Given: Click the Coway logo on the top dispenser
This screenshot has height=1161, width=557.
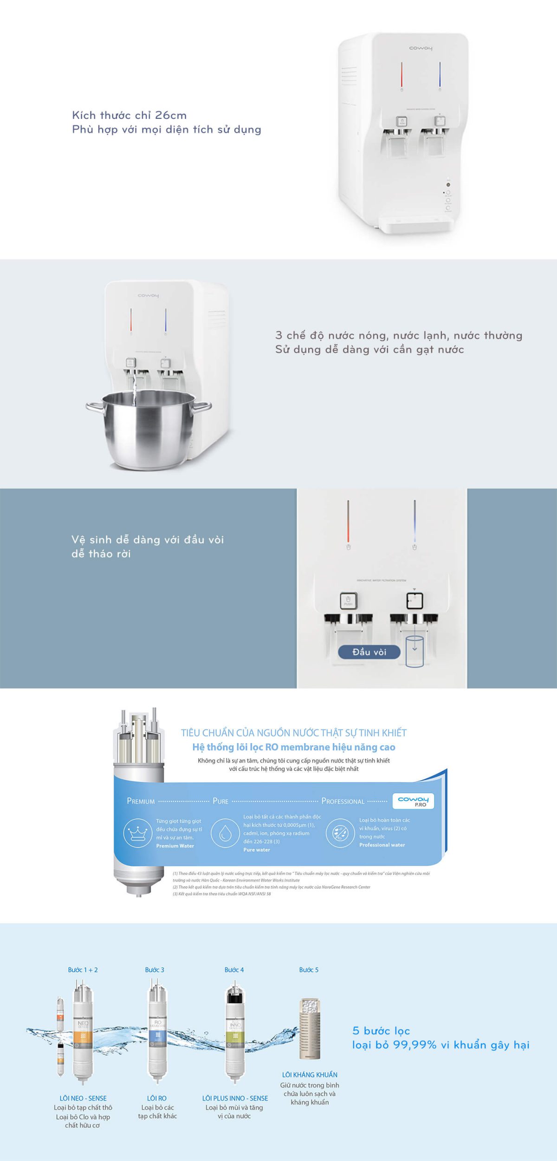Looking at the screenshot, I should (x=421, y=48).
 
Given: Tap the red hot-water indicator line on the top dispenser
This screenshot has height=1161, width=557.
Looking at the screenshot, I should (x=402, y=74).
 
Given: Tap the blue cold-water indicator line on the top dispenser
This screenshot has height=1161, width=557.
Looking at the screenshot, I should (x=440, y=74).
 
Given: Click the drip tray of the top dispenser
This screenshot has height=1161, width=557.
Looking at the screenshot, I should (x=415, y=223).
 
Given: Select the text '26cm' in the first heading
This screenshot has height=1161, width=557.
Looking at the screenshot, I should (x=170, y=115).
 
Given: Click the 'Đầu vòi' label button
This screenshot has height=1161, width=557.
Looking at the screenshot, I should (x=369, y=652).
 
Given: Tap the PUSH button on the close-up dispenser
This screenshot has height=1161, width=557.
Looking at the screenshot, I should (x=348, y=601).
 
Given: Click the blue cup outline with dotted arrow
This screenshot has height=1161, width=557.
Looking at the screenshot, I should (x=414, y=651).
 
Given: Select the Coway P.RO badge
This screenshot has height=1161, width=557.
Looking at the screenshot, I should (x=413, y=801).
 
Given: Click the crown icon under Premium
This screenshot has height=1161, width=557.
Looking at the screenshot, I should (x=138, y=833).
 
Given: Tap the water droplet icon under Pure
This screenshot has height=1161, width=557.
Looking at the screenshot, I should (x=225, y=833).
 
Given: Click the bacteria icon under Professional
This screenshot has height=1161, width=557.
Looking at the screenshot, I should (x=340, y=833).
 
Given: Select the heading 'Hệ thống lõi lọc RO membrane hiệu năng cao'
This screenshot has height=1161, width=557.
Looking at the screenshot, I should (x=293, y=747).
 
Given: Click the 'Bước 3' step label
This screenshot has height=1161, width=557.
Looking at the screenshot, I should (x=155, y=970).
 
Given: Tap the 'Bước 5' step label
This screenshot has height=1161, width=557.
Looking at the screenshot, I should (x=309, y=970).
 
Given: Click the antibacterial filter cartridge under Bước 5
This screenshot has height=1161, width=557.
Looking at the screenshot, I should (x=310, y=1029).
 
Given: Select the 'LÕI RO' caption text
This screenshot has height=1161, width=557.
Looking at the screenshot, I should (x=156, y=1098).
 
